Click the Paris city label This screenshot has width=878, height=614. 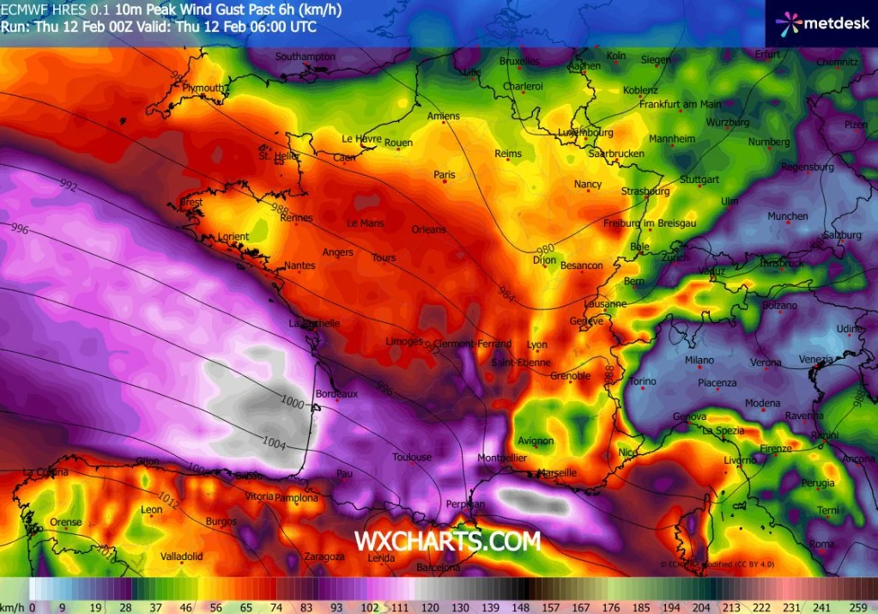pyautogui.click(x=445, y=175)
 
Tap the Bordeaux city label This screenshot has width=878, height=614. pyautogui.click(x=336, y=393)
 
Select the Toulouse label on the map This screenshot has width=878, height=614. pyautogui.click(x=412, y=458)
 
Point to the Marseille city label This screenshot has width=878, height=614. pyautogui.click(x=557, y=473)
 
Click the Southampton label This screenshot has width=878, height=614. pyautogui.click(x=305, y=57)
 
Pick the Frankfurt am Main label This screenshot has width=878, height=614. pyautogui.click(x=681, y=105)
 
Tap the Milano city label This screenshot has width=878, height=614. pyautogui.click(x=699, y=361)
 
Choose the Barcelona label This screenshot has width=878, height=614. pyautogui.click(x=439, y=568)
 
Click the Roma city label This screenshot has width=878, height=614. pyautogui.click(x=821, y=544)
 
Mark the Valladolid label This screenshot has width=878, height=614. pyautogui.click(x=182, y=556)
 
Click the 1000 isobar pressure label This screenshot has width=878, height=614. pyautogui.click(x=293, y=401)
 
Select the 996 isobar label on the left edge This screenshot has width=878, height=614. pyautogui.click(x=20, y=230)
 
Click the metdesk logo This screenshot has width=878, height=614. pyautogui.click(x=821, y=24)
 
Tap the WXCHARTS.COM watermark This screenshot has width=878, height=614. pyautogui.click(x=447, y=541)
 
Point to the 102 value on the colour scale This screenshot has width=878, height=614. pyautogui.click(x=370, y=606)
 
